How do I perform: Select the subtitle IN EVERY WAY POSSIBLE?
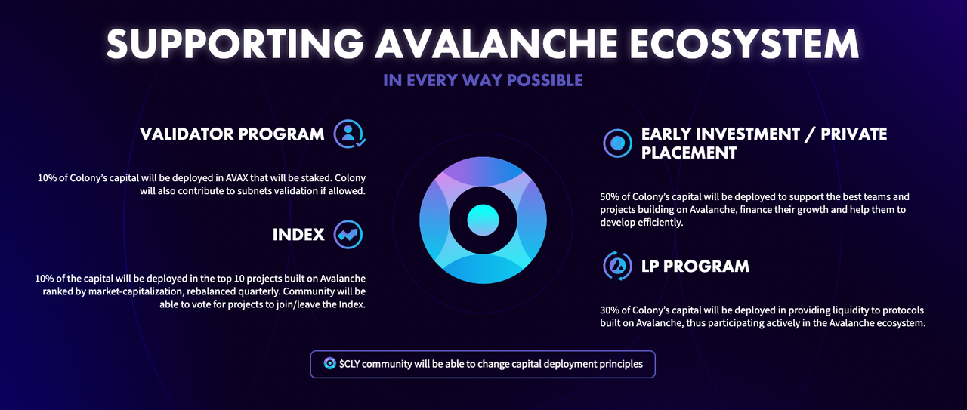click(x=483, y=80)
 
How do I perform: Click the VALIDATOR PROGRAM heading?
click(x=232, y=134)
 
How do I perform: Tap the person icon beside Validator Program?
click(x=349, y=134)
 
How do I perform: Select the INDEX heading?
click(x=298, y=235)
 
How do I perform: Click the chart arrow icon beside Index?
click(x=348, y=235)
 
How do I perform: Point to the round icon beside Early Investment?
click(x=617, y=143)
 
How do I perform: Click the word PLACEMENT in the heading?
click(x=689, y=153)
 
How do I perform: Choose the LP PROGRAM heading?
click(x=695, y=267)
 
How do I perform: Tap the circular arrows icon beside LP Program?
click(x=617, y=266)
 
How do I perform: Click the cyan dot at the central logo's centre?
click(x=483, y=220)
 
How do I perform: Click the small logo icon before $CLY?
click(x=330, y=363)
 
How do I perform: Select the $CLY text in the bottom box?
click(x=349, y=364)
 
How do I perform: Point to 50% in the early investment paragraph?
click(x=610, y=197)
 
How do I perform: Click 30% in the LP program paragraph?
click(x=610, y=310)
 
